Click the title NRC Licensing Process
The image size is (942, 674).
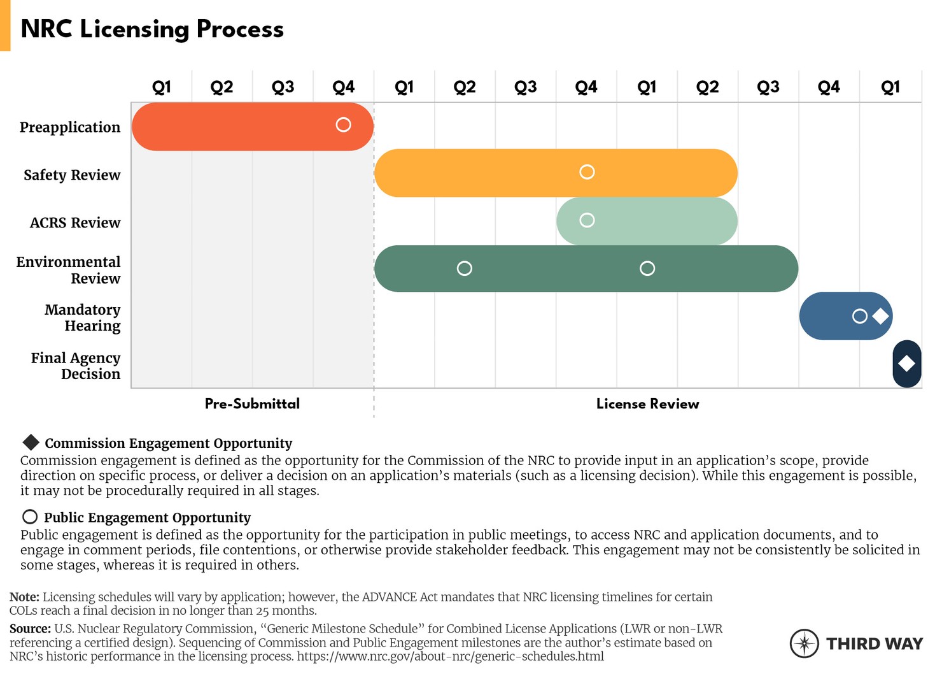[x=152, y=29]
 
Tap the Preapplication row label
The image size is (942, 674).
[x=70, y=127]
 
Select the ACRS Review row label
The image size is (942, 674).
[x=75, y=223]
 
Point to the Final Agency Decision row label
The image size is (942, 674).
[x=76, y=366]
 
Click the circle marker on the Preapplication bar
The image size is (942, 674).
[x=343, y=125]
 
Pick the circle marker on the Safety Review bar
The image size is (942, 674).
[x=587, y=172]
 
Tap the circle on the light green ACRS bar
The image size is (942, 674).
[x=587, y=220]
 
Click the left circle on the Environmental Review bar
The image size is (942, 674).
[x=465, y=268]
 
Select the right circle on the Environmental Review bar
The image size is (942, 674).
[x=647, y=268]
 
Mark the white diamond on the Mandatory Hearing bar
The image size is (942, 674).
[x=880, y=316]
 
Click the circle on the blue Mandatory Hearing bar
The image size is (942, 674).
[x=859, y=316]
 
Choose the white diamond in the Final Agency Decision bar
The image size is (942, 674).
[x=906, y=364]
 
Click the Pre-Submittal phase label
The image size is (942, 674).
[x=252, y=404]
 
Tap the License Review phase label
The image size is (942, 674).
[x=647, y=404]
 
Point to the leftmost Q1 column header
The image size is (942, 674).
[x=162, y=87]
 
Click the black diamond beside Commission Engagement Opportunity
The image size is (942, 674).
[x=31, y=442]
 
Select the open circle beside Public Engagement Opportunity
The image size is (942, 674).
[x=30, y=517]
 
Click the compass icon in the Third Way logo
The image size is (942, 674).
[x=805, y=643]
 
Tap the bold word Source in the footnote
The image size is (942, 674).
[x=30, y=629]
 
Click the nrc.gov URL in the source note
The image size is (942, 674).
[x=450, y=656]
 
